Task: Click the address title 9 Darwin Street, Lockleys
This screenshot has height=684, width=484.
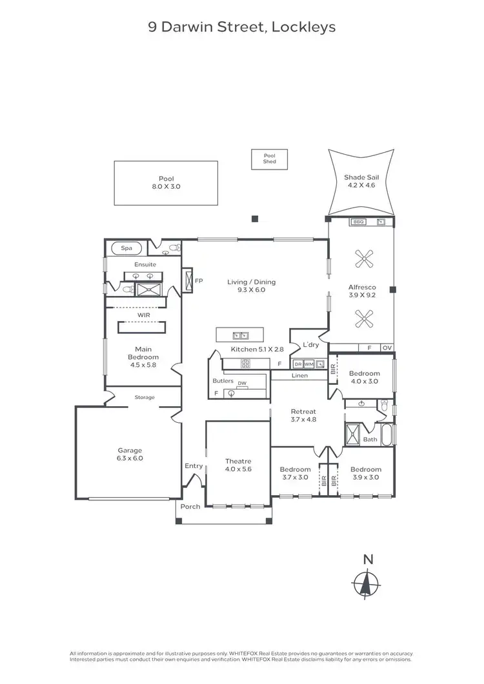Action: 241,27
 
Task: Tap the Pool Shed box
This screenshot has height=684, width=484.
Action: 269,159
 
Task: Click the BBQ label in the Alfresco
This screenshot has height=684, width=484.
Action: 358,222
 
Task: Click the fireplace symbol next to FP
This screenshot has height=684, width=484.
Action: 188,280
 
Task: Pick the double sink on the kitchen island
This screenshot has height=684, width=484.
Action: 241,335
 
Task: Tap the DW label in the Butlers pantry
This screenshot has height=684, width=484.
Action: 241,383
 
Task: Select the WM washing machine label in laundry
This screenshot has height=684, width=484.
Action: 308,364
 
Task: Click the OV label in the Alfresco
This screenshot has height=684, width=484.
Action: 387,347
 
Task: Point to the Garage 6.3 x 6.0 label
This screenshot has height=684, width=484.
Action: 130,454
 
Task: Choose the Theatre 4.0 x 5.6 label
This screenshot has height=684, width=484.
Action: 237,465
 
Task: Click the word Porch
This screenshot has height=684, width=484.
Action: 190,506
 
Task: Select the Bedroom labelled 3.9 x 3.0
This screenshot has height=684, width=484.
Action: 365,473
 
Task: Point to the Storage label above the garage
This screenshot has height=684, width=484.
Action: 145,397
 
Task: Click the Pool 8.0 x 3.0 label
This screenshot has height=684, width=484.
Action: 166,182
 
